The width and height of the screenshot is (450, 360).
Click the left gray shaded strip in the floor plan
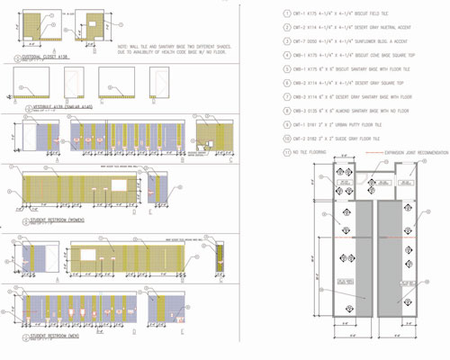pos(352,256)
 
